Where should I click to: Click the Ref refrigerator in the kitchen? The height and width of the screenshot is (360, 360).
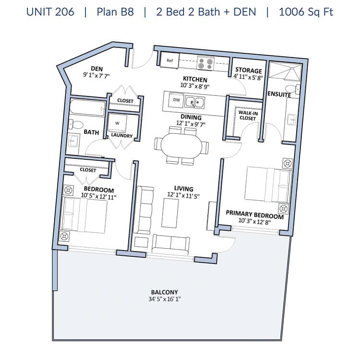pyautogui.click(x=169, y=60)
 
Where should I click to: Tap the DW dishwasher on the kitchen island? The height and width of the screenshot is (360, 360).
pyautogui.click(x=176, y=100)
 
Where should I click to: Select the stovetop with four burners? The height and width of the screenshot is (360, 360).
pyautogui.click(x=205, y=63)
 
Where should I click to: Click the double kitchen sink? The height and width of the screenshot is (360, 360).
pyautogui.click(x=195, y=102)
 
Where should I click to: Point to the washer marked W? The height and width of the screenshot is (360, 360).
pyautogui.click(x=117, y=123)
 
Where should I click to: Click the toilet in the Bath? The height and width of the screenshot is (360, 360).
pyautogui.click(x=76, y=124)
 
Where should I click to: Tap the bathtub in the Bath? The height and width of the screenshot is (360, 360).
pyautogui.click(x=87, y=107)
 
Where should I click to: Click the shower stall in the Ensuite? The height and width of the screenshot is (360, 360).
pyautogui.click(x=285, y=72)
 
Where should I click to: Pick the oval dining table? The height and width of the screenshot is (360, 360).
pyautogui.click(x=181, y=145)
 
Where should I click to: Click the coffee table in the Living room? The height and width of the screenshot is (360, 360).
pyautogui.click(x=170, y=213)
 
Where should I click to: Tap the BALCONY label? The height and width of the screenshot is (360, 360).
pyautogui.click(x=164, y=292)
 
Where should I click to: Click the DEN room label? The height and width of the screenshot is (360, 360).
pyautogui.click(x=96, y=69)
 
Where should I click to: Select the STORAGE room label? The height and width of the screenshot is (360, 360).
pyautogui.click(x=249, y=70)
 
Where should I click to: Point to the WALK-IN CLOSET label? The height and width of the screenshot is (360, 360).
pyautogui.click(x=248, y=116)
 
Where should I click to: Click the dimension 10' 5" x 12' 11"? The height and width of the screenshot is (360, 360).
pyautogui.click(x=98, y=196)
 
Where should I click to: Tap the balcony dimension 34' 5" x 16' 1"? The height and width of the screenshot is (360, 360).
pyautogui.click(x=164, y=299)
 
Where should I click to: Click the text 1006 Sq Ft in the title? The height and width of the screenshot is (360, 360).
pyautogui.click(x=306, y=12)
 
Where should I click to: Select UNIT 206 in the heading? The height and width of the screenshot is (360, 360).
pyautogui.click(x=50, y=12)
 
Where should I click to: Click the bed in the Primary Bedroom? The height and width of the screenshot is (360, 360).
pyautogui.click(x=268, y=185)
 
